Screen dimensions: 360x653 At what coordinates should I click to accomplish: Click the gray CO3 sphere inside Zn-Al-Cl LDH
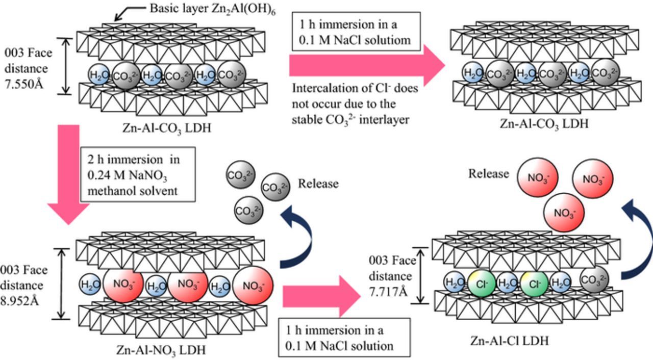tap(594, 279)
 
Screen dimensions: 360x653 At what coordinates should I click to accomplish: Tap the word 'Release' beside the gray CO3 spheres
tap(318, 183)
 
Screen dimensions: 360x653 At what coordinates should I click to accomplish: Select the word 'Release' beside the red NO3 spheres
tap(488, 173)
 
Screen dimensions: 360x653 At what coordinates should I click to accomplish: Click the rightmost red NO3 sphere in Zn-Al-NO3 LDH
tap(253, 286)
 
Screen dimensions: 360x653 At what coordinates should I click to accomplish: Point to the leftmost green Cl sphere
tap(481, 283)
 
